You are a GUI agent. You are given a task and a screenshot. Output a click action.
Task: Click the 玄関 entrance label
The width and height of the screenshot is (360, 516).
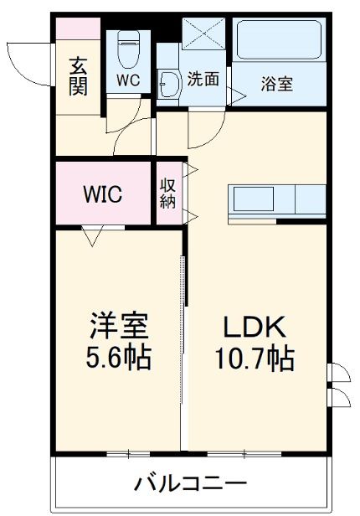pyautogui.click(x=78, y=75)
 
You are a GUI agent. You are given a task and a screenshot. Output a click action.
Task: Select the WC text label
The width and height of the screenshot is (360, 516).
pyautogui.click(x=128, y=81)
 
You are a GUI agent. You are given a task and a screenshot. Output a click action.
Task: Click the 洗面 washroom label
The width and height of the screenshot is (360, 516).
pyautogui.click(x=203, y=80)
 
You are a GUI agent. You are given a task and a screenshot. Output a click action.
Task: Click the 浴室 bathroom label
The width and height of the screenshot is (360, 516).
pyautogui.click(x=277, y=85)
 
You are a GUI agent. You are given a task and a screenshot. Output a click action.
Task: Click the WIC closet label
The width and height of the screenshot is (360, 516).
pyautogui.click(x=102, y=194)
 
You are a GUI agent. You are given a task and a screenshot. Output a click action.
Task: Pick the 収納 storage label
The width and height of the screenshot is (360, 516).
pyautogui.click(x=167, y=193)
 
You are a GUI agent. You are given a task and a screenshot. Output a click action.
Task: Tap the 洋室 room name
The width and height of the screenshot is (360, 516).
pyautogui.click(x=121, y=325)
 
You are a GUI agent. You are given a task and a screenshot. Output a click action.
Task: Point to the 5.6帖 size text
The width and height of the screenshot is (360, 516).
pyautogui.click(x=121, y=358)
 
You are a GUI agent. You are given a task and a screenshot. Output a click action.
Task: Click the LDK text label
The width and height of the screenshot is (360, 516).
pyautogui.click(x=255, y=326)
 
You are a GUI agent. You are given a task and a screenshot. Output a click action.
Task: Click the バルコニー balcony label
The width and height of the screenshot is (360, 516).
pyautogui.click(x=190, y=483)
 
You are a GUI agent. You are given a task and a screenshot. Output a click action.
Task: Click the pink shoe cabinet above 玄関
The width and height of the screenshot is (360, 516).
pyautogui.click(x=78, y=27)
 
